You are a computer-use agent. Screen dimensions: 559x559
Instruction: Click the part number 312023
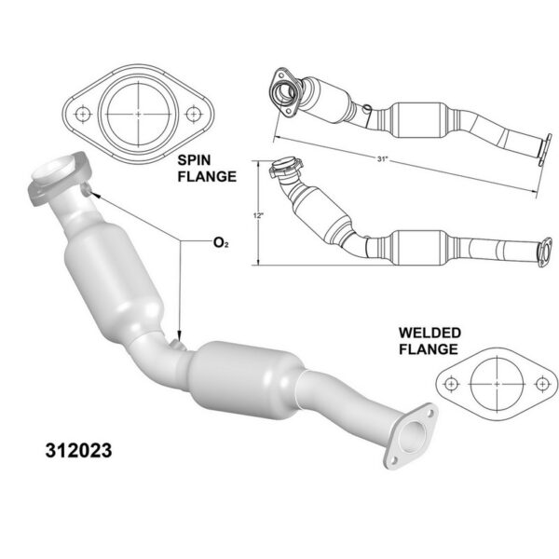point(78,450)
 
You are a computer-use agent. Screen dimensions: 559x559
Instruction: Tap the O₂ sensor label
point(221,243)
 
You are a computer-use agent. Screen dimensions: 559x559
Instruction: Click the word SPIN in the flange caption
point(194,160)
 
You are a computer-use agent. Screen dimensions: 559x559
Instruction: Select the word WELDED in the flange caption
point(429,333)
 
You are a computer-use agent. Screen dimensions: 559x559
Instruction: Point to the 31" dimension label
point(382,159)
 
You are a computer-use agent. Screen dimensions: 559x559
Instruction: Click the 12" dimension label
point(258,216)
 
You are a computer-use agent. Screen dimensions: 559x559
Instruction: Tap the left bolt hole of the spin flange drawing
point(83,114)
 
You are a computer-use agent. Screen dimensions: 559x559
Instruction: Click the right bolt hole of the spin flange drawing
point(193,114)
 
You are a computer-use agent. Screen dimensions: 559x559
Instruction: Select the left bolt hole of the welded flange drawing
point(451,384)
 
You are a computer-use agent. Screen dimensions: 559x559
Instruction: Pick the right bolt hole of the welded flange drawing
point(542,384)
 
